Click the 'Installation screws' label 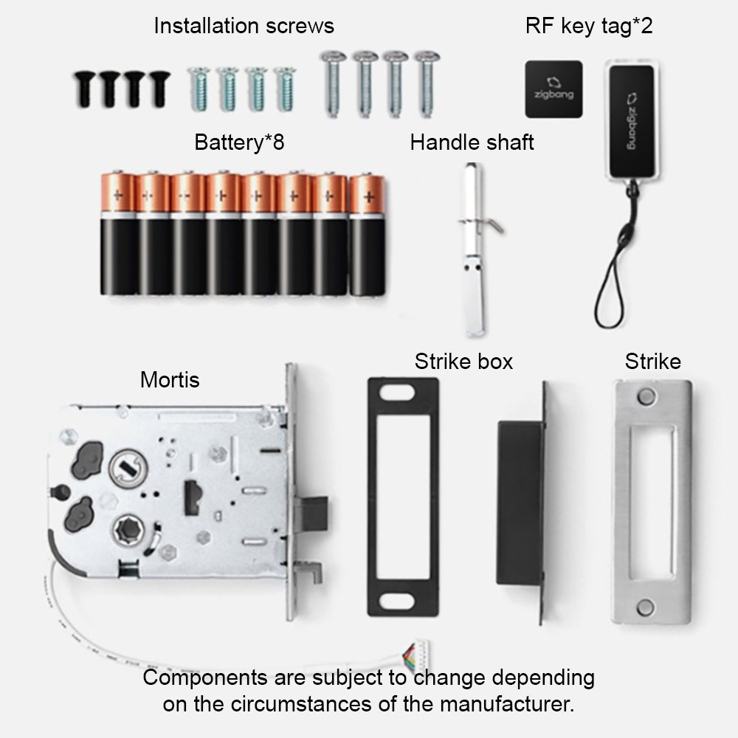pos(244,25)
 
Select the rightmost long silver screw pos(427,83)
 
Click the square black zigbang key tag pos(553,89)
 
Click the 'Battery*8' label pos(239,142)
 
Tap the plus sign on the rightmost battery pos(369,197)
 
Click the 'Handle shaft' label pos(472,142)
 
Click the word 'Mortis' pos(170,380)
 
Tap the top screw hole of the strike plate pos(646,396)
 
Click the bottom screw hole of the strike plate pos(645,607)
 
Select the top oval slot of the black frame pos(397,393)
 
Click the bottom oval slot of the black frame pos(397,601)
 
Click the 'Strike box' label pos(463,362)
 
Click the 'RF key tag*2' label pos(589,26)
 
